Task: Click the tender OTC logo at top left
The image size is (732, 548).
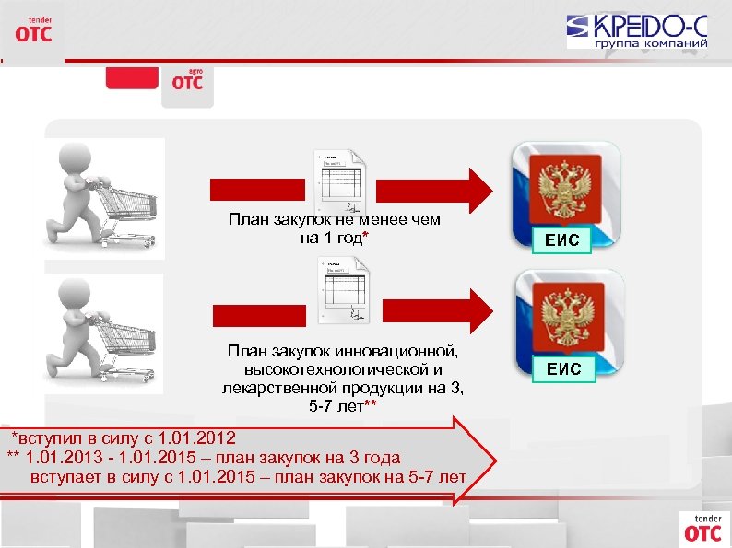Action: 33,29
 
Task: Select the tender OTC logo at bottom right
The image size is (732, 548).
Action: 703,527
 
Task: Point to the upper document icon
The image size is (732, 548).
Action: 340,179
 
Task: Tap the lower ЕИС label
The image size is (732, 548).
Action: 564,369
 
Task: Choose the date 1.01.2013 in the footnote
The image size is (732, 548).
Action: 65,457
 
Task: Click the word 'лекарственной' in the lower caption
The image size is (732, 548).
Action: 276,388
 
